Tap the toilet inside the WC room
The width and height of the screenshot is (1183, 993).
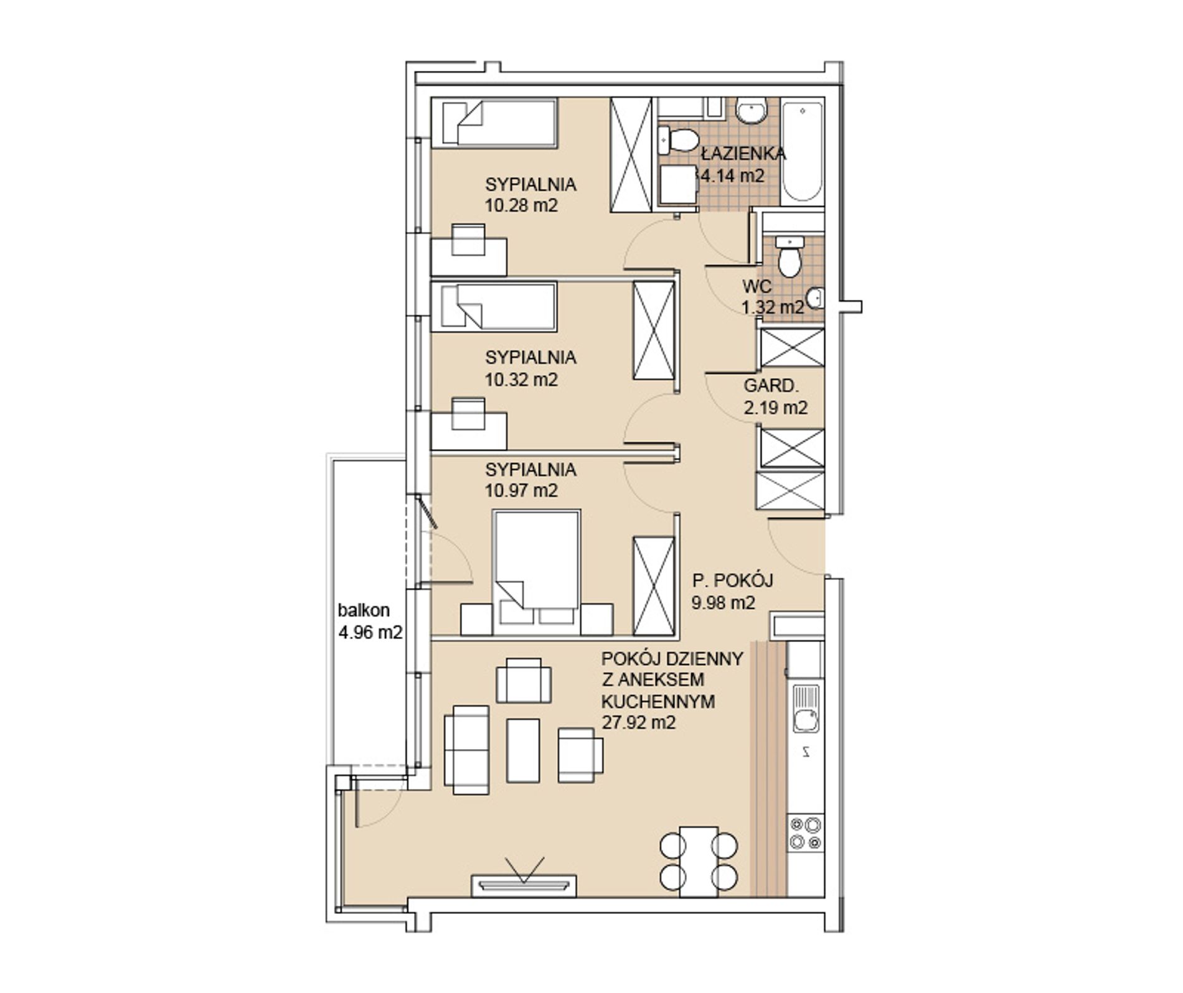point(790,256)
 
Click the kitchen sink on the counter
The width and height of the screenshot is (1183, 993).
point(806,709)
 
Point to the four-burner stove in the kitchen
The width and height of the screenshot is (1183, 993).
point(805,833)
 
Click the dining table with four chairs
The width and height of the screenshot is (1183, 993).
point(699,861)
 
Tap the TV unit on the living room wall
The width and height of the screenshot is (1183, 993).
point(524,885)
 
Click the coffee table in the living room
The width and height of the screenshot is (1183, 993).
point(523,750)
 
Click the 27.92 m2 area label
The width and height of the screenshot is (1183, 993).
point(639,722)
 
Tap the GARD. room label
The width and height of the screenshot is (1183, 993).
point(771,386)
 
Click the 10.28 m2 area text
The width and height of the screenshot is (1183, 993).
point(521,205)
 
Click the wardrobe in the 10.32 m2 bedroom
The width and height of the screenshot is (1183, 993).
point(654,330)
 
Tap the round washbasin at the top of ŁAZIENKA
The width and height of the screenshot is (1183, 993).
point(752,113)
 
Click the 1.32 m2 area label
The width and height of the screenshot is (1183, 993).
point(773,307)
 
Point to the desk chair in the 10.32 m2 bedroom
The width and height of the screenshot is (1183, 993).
point(468,414)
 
